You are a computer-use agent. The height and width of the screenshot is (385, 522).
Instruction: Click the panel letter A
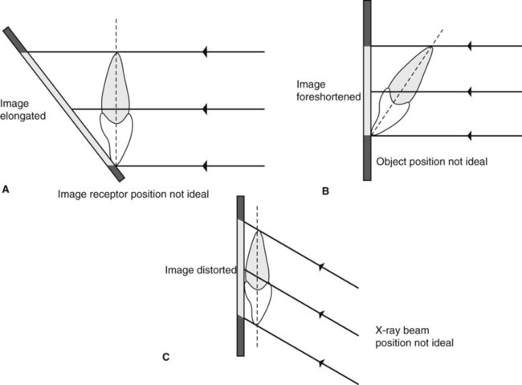click(x=6, y=189)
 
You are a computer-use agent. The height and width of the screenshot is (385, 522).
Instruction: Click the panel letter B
click(x=324, y=190)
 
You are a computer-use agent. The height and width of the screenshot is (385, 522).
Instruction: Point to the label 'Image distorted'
click(x=199, y=269)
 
